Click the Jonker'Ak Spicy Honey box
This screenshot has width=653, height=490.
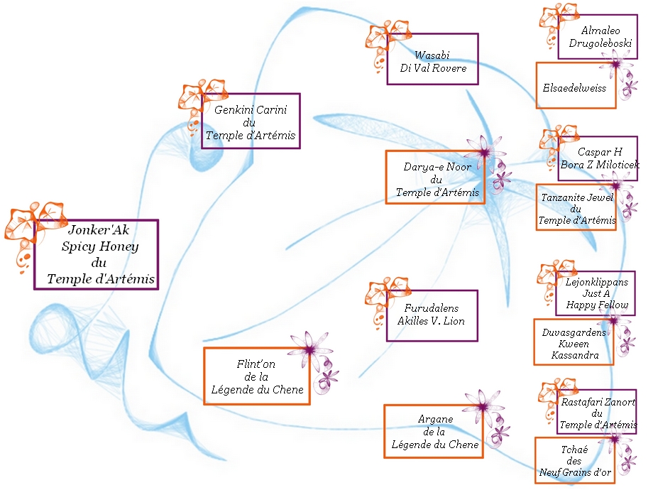pos(96,254)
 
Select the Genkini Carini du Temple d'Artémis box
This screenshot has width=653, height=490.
pos(250,121)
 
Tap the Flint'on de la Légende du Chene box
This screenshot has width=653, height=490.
pos(257,376)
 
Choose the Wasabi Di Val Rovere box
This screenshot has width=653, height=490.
pos(432,59)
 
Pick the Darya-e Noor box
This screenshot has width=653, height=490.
pos(435,177)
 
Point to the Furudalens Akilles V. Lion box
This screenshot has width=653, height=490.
pos(432,315)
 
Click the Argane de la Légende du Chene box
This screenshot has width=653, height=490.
pos(433,432)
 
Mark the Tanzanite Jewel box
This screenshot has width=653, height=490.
pos(576,207)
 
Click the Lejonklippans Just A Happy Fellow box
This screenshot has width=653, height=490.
pos(596,293)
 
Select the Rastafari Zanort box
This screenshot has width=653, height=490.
pos(596,412)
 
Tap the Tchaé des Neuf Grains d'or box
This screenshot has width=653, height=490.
pos(575,460)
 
